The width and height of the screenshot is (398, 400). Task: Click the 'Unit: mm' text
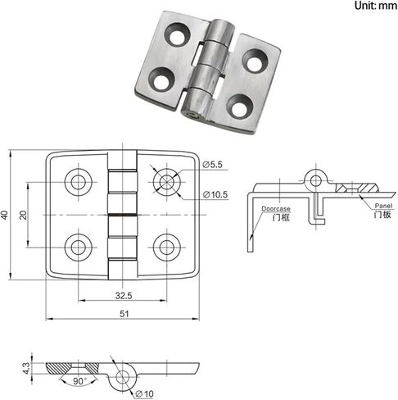point(376,6)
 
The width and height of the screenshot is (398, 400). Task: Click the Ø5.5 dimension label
point(212,165)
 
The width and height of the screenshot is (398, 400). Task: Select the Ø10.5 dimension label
point(215,194)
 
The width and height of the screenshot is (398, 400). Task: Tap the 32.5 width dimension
point(124,296)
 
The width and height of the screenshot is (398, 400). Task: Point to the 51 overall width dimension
point(124,314)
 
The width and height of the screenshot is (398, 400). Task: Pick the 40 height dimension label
point(5,215)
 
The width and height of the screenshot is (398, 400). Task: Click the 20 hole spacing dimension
point(23,215)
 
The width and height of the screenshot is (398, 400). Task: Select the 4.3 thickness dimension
point(26,368)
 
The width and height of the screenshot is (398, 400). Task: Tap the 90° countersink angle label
point(79,381)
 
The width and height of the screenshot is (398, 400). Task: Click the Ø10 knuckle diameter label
point(145,393)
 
